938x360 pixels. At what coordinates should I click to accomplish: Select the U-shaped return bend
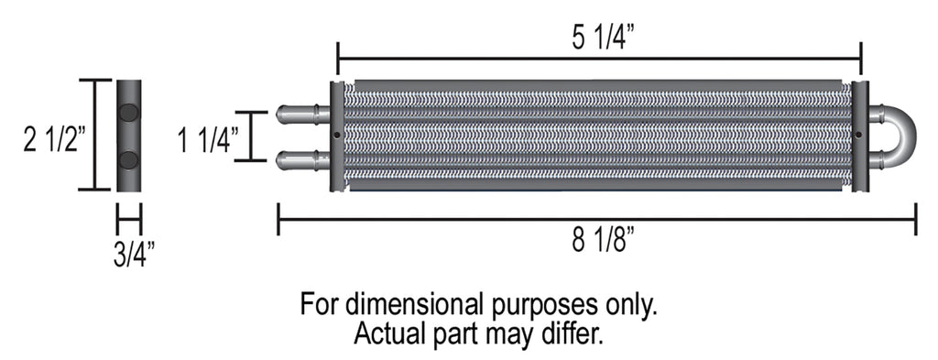point(898,137)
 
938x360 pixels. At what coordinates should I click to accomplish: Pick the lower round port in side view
point(129,160)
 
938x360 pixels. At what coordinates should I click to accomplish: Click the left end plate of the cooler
point(337,136)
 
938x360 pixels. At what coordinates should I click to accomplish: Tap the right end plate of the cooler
point(859,136)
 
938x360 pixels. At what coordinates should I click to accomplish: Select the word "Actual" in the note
point(388,332)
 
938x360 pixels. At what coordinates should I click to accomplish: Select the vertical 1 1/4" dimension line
point(251,136)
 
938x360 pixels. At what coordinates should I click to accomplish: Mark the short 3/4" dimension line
point(129,220)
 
